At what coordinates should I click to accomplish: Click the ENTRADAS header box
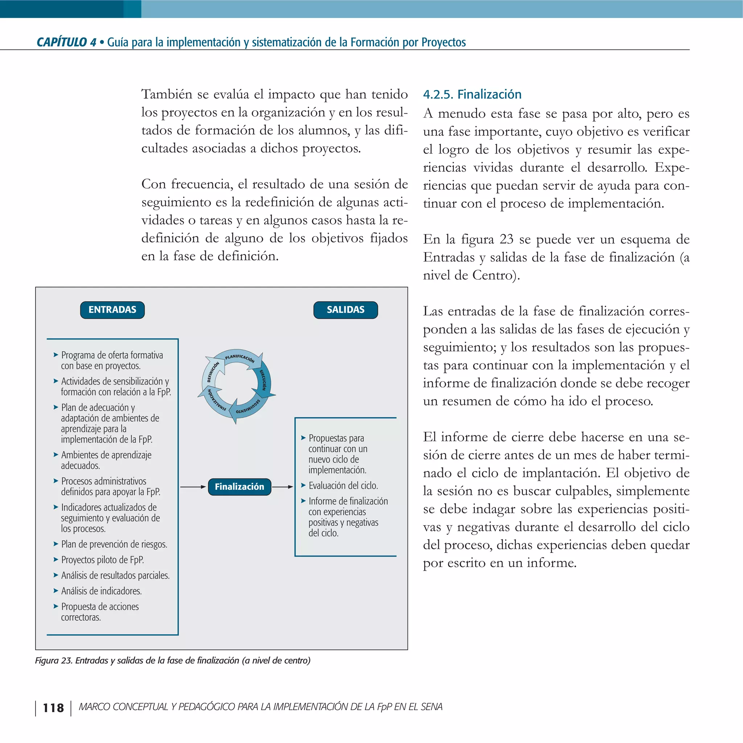112,310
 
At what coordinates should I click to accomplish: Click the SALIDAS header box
345,310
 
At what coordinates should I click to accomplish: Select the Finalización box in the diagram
239,487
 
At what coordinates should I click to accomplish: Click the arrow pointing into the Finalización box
193,487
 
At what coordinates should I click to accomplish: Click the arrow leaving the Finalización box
283,487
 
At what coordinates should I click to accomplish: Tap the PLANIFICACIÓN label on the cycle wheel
239,358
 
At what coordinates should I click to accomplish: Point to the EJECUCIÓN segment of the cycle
263,379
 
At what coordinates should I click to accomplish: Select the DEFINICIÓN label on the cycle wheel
213,371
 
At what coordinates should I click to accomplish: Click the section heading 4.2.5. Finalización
472,94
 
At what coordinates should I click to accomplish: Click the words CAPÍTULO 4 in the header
66,42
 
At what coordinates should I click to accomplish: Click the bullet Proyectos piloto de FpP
102,560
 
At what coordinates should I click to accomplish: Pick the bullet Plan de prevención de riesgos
114,544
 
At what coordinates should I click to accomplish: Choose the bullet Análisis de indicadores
101,591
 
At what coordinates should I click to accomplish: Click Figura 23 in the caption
53,661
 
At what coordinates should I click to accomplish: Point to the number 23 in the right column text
506,239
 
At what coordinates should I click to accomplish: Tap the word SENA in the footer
431,707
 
